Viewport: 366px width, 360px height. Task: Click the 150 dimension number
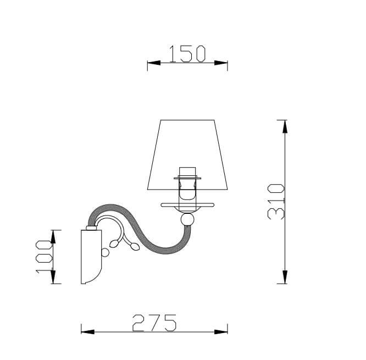click(x=187, y=54)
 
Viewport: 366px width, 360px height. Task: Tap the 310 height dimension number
click(x=276, y=202)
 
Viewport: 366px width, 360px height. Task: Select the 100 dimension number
click(x=44, y=256)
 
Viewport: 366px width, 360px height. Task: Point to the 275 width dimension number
click(x=154, y=323)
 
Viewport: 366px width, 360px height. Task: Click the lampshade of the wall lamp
click(x=187, y=155)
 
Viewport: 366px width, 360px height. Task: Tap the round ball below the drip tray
click(x=187, y=219)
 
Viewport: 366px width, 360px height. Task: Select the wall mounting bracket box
click(x=91, y=257)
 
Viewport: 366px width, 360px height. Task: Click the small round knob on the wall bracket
click(x=105, y=252)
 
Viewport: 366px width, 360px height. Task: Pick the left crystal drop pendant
click(x=114, y=243)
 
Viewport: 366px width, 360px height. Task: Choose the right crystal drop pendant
click(x=135, y=247)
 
